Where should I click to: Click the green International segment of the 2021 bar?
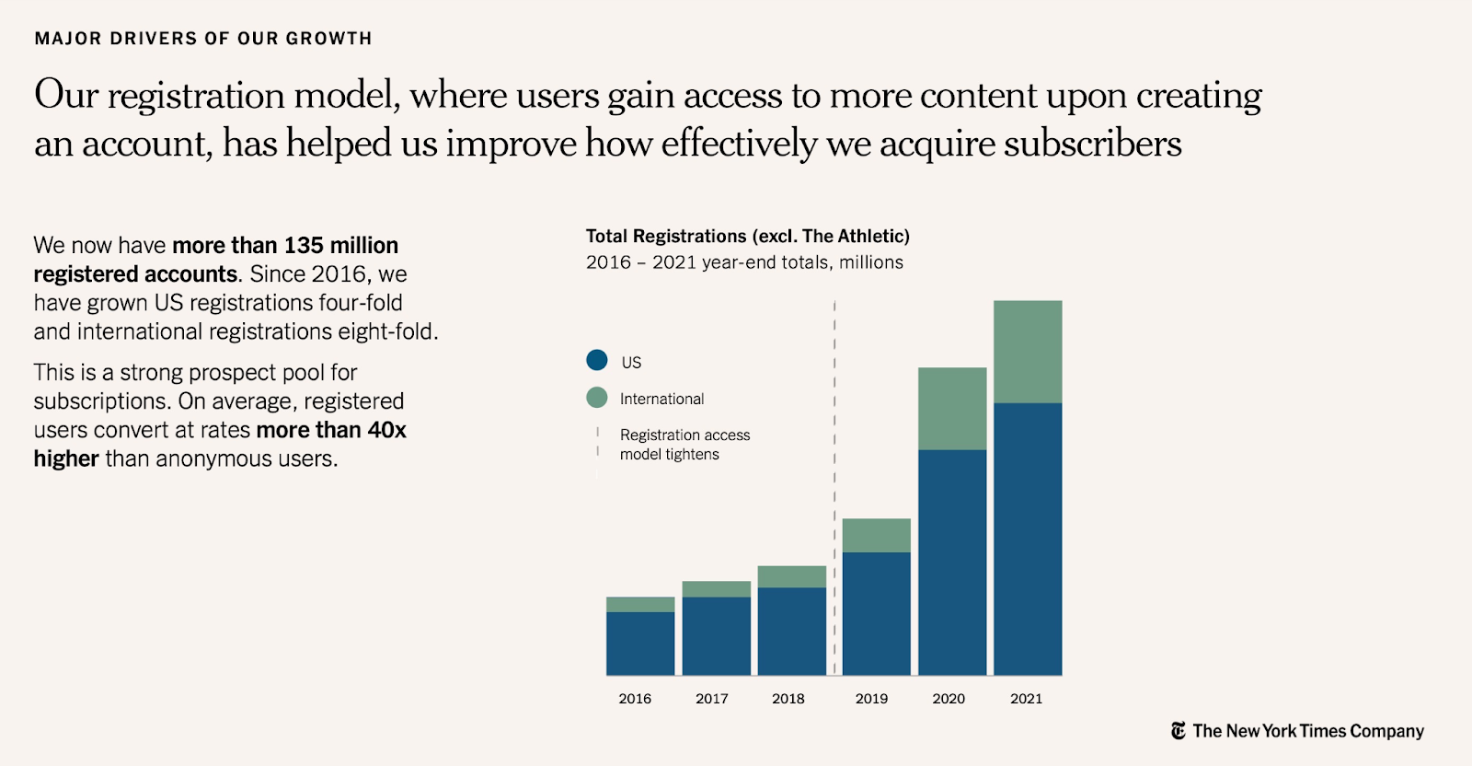tap(1028, 352)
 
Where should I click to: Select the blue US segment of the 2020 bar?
tap(952, 562)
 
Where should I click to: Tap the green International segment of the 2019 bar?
tap(876, 535)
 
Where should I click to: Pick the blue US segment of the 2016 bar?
tap(640, 644)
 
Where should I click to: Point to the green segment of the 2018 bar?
tap(792, 576)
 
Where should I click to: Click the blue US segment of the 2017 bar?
tap(716, 636)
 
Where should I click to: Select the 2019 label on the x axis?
tap(871, 699)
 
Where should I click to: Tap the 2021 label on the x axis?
tap(1026, 699)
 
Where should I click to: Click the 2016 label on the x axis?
tap(635, 699)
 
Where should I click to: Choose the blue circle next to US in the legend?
tap(597, 360)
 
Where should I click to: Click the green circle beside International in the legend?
tap(597, 398)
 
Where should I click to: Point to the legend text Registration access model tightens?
tap(684, 445)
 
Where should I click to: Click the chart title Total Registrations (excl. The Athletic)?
tap(747, 237)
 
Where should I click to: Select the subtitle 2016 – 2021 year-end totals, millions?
tap(744, 262)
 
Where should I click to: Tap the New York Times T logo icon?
tap(1179, 731)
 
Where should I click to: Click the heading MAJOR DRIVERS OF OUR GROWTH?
tap(203, 39)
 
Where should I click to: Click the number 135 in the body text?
tap(304, 246)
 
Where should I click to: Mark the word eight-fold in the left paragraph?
tap(389, 331)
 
